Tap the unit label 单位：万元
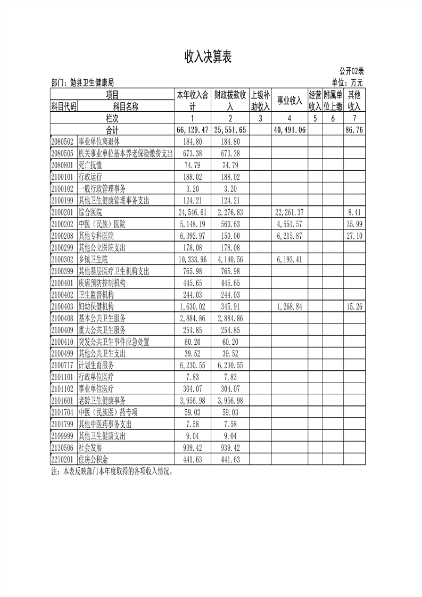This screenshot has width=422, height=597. pos(347,82)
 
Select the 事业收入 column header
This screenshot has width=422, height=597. pos(289,100)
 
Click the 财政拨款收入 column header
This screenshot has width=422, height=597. pos(230,100)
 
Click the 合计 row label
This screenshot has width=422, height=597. pos(112,129)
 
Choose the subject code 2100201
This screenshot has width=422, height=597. pos(64,212)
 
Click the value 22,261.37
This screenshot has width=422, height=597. pos(289,212)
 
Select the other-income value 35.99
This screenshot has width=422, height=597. pos(353,223)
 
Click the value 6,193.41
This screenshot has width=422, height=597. pos(289,259)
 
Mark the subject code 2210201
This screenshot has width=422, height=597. pos(64,459)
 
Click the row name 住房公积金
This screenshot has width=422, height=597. pos(97,459)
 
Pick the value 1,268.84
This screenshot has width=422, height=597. pos(289,306)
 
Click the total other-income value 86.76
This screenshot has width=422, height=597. pos(353,129)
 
